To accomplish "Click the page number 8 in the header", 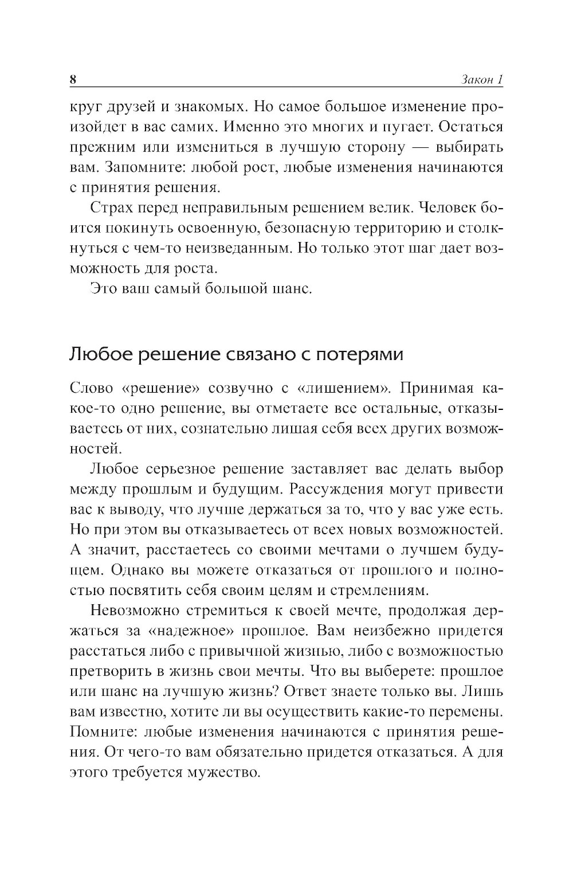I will (73, 80).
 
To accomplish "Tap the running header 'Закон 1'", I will (482, 80).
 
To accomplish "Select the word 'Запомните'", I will (138, 167).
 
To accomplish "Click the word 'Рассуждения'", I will (350, 489).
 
